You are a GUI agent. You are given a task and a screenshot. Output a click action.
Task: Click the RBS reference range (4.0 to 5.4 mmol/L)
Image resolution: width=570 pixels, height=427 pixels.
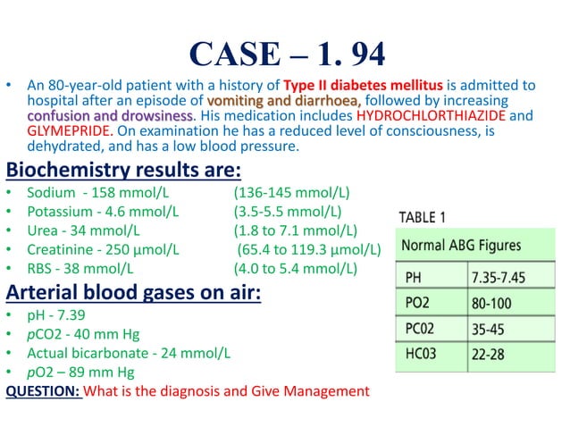(x=295, y=269)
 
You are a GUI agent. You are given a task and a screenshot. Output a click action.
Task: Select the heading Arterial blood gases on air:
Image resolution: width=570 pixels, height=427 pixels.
(x=133, y=292)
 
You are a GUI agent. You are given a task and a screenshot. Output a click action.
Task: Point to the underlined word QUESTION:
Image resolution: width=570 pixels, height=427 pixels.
(x=44, y=391)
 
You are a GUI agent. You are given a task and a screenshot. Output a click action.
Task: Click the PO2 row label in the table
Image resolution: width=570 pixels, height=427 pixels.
(x=418, y=304)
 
